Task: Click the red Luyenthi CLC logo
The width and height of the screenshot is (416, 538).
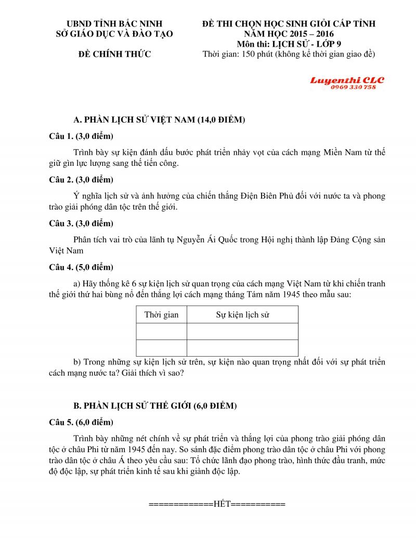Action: click(347, 80)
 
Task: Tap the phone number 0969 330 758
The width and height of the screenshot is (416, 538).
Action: click(353, 87)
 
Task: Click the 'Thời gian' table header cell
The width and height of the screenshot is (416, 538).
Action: click(161, 314)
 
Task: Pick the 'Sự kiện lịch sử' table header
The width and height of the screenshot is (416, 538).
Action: click(242, 314)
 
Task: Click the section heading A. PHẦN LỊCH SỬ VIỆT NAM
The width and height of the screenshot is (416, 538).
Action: click(159, 120)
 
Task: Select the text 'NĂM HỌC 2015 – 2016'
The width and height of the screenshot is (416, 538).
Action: click(289, 34)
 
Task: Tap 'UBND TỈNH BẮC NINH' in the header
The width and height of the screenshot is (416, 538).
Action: click(114, 23)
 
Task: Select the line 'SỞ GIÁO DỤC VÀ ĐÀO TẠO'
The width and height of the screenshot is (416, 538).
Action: click(114, 34)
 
